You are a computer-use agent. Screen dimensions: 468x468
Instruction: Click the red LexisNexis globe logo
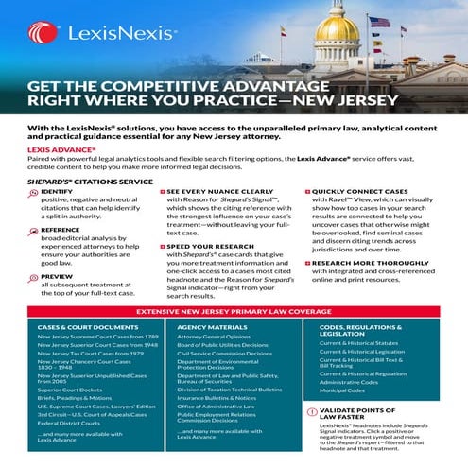pos(37,31)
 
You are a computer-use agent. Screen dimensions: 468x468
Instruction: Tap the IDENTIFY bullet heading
pos(56,191)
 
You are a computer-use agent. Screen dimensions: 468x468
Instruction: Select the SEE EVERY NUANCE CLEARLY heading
pos(217,191)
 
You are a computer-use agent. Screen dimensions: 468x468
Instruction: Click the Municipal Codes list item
pos(342,389)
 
